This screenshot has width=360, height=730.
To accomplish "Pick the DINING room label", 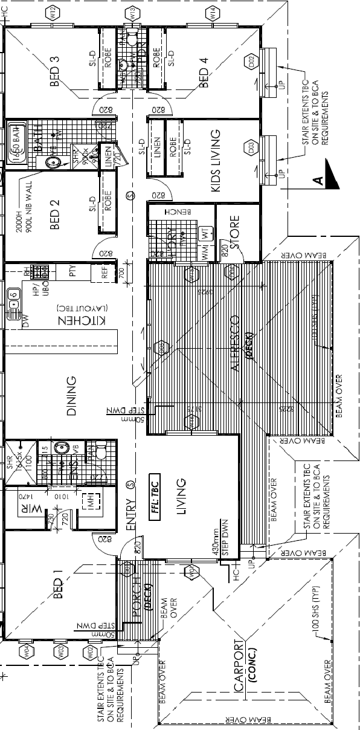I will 71,396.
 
